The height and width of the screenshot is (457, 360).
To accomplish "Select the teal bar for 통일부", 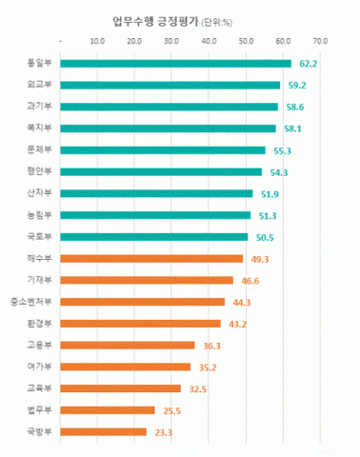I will pos(175,64).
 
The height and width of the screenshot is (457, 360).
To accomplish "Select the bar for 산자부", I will pos(156,193).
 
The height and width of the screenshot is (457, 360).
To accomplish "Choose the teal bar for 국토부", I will pos(153,237).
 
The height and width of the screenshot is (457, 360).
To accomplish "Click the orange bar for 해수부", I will pos(151,258).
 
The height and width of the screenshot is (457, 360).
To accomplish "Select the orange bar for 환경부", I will pos(140,324).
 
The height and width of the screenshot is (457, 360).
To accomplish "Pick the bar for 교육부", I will pos(120,388).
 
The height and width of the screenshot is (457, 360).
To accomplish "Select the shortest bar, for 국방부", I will pos(103,431).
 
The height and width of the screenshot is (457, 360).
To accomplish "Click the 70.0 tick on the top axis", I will pos(319,41).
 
